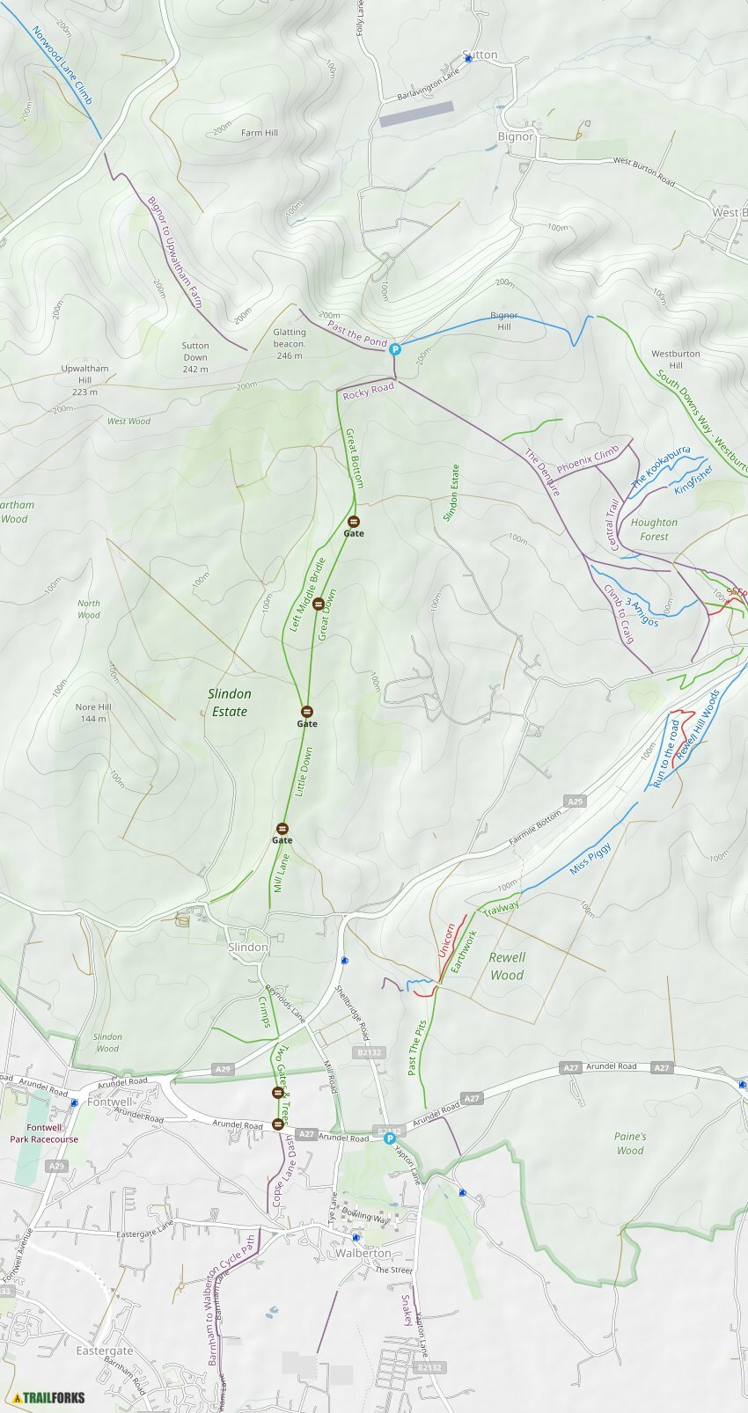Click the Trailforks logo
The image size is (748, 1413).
(49, 1397)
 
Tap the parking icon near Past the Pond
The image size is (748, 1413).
(395, 349)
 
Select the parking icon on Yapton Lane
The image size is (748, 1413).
(390, 1138)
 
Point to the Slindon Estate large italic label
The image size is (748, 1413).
(229, 703)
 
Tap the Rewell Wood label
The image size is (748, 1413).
(507, 966)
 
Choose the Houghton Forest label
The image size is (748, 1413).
(654, 529)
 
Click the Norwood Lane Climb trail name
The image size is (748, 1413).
(62, 65)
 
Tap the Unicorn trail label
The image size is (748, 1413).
(446, 941)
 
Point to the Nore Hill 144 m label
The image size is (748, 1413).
(92, 713)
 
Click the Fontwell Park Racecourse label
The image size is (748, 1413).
(44, 1133)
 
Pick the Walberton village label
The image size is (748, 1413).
(363, 1253)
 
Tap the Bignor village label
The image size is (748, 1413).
(515, 136)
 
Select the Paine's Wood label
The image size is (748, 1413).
(630, 1143)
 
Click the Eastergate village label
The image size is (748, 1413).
(105, 1351)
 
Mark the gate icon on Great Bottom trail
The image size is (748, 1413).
(353, 522)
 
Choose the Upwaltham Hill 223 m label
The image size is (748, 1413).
(85, 380)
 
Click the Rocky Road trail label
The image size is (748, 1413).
(368, 392)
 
